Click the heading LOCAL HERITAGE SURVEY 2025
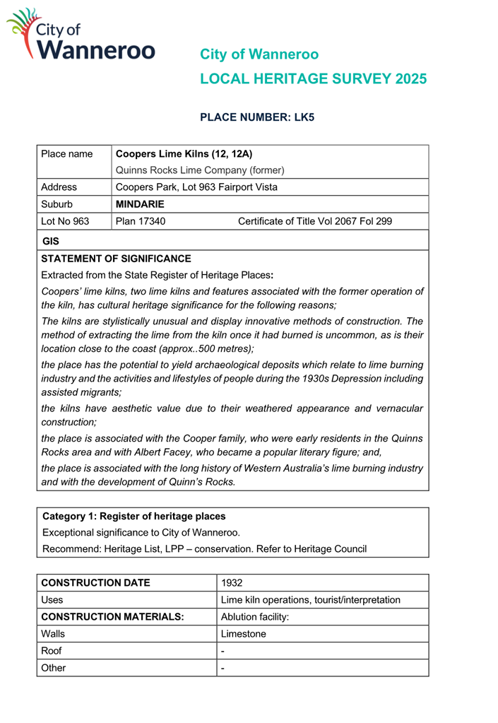tap(313, 79)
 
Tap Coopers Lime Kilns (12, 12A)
tap(184, 153)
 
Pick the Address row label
tap(59, 187)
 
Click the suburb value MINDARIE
tap(140, 204)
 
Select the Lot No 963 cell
tap(66, 221)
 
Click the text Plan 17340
tap(141, 221)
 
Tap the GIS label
tap(51, 241)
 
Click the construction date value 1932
tap(232, 583)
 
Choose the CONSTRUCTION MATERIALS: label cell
tap(113, 617)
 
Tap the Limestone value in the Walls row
tap(244, 634)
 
